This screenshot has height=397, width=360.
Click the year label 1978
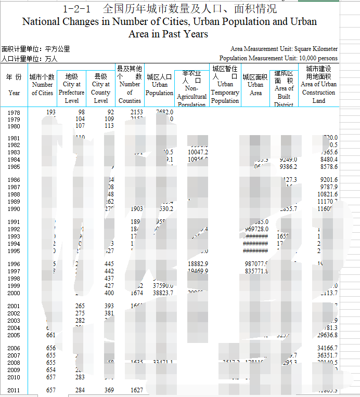coord(14,112)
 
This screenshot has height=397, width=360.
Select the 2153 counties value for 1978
coord(136,112)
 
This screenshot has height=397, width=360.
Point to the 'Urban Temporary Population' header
coord(225,84)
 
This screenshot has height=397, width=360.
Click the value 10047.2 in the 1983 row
coord(198,152)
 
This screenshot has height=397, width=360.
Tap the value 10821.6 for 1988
coord(327,194)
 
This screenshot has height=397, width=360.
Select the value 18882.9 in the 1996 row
coord(198,264)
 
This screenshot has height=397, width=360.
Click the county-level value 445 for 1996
coord(109,264)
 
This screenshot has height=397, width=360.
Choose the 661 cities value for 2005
coord(51,335)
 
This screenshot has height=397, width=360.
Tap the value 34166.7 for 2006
coord(327,348)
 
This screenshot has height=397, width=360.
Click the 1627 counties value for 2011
coord(136,390)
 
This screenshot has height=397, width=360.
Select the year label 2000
coord(14,293)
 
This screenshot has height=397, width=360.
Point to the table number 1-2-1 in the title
coord(76,9)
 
